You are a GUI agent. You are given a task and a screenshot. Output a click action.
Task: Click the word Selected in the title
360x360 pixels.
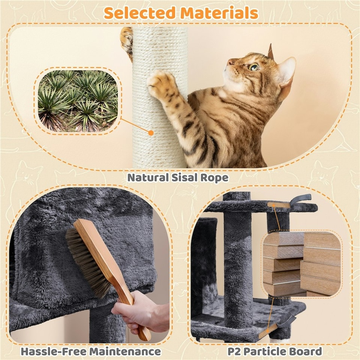(139, 13)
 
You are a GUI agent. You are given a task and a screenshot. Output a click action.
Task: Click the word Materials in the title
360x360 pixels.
(219, 13)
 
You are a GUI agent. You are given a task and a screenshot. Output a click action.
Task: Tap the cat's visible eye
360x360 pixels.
(254, 67)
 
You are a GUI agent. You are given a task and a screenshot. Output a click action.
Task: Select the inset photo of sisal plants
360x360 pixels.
(78, 100)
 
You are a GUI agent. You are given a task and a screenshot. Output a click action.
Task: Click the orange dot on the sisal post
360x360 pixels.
(151, 133)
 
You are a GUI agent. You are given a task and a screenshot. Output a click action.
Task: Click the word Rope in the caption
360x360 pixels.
(214, 177)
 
